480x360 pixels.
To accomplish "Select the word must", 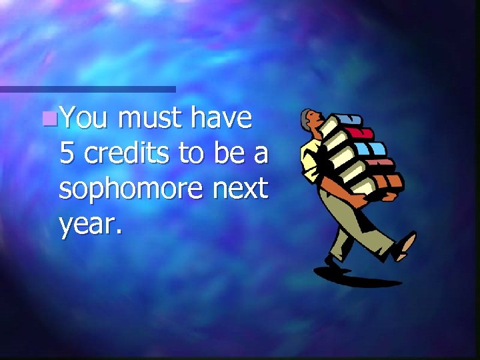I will [x=150, y=119].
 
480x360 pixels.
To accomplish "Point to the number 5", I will [x=67, y=154].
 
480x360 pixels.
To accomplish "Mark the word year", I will [x=90, y=225].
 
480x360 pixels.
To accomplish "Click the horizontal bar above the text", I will [x=87, y=89].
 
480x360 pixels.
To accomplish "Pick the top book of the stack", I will [x=347, y=121].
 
